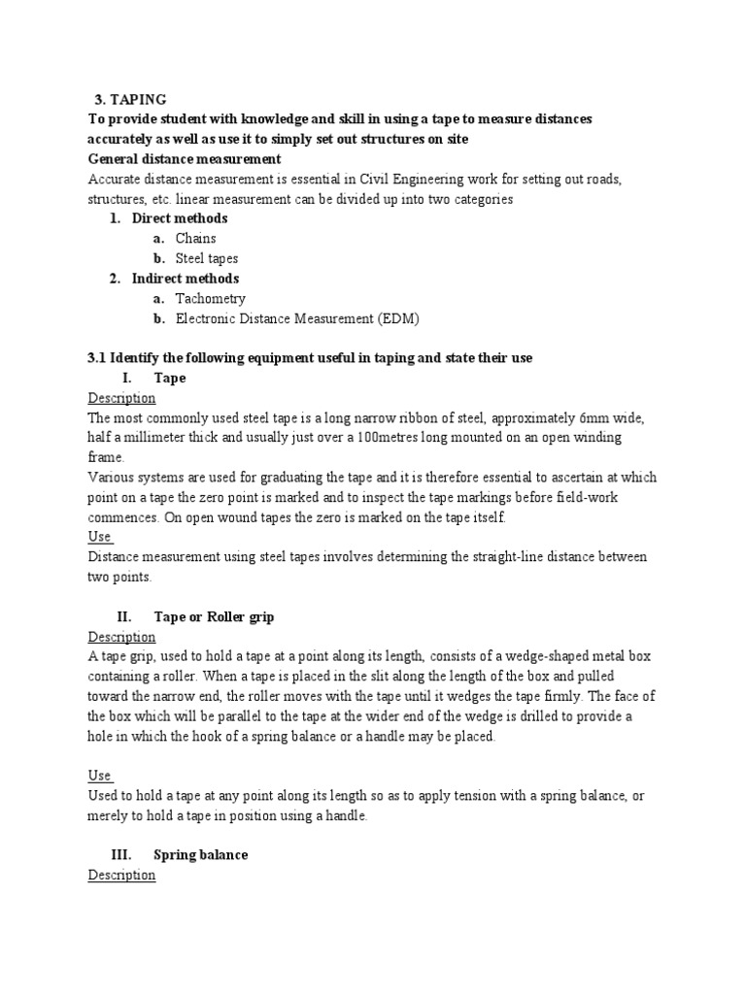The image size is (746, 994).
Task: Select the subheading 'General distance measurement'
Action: (x=185, y=158)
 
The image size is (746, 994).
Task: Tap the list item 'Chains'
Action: (x=195, y=238)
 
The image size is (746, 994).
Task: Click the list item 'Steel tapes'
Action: (x=206, y=258)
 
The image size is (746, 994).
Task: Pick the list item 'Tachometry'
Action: (x=210, y=298)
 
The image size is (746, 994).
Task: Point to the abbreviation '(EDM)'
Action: (x=399, y=318)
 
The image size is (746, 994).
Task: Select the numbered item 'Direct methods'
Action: (x=180, y=218)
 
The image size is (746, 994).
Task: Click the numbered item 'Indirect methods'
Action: (x=185, y=279)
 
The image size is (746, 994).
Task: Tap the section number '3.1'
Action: (x=96, y=357)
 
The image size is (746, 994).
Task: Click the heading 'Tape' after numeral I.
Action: (x=170, y=378)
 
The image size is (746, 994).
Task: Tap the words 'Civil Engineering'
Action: (x=456, y=179)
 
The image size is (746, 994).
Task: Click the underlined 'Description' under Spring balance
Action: (x=121, y=875)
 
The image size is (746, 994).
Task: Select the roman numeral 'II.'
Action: (x=123, y=616)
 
